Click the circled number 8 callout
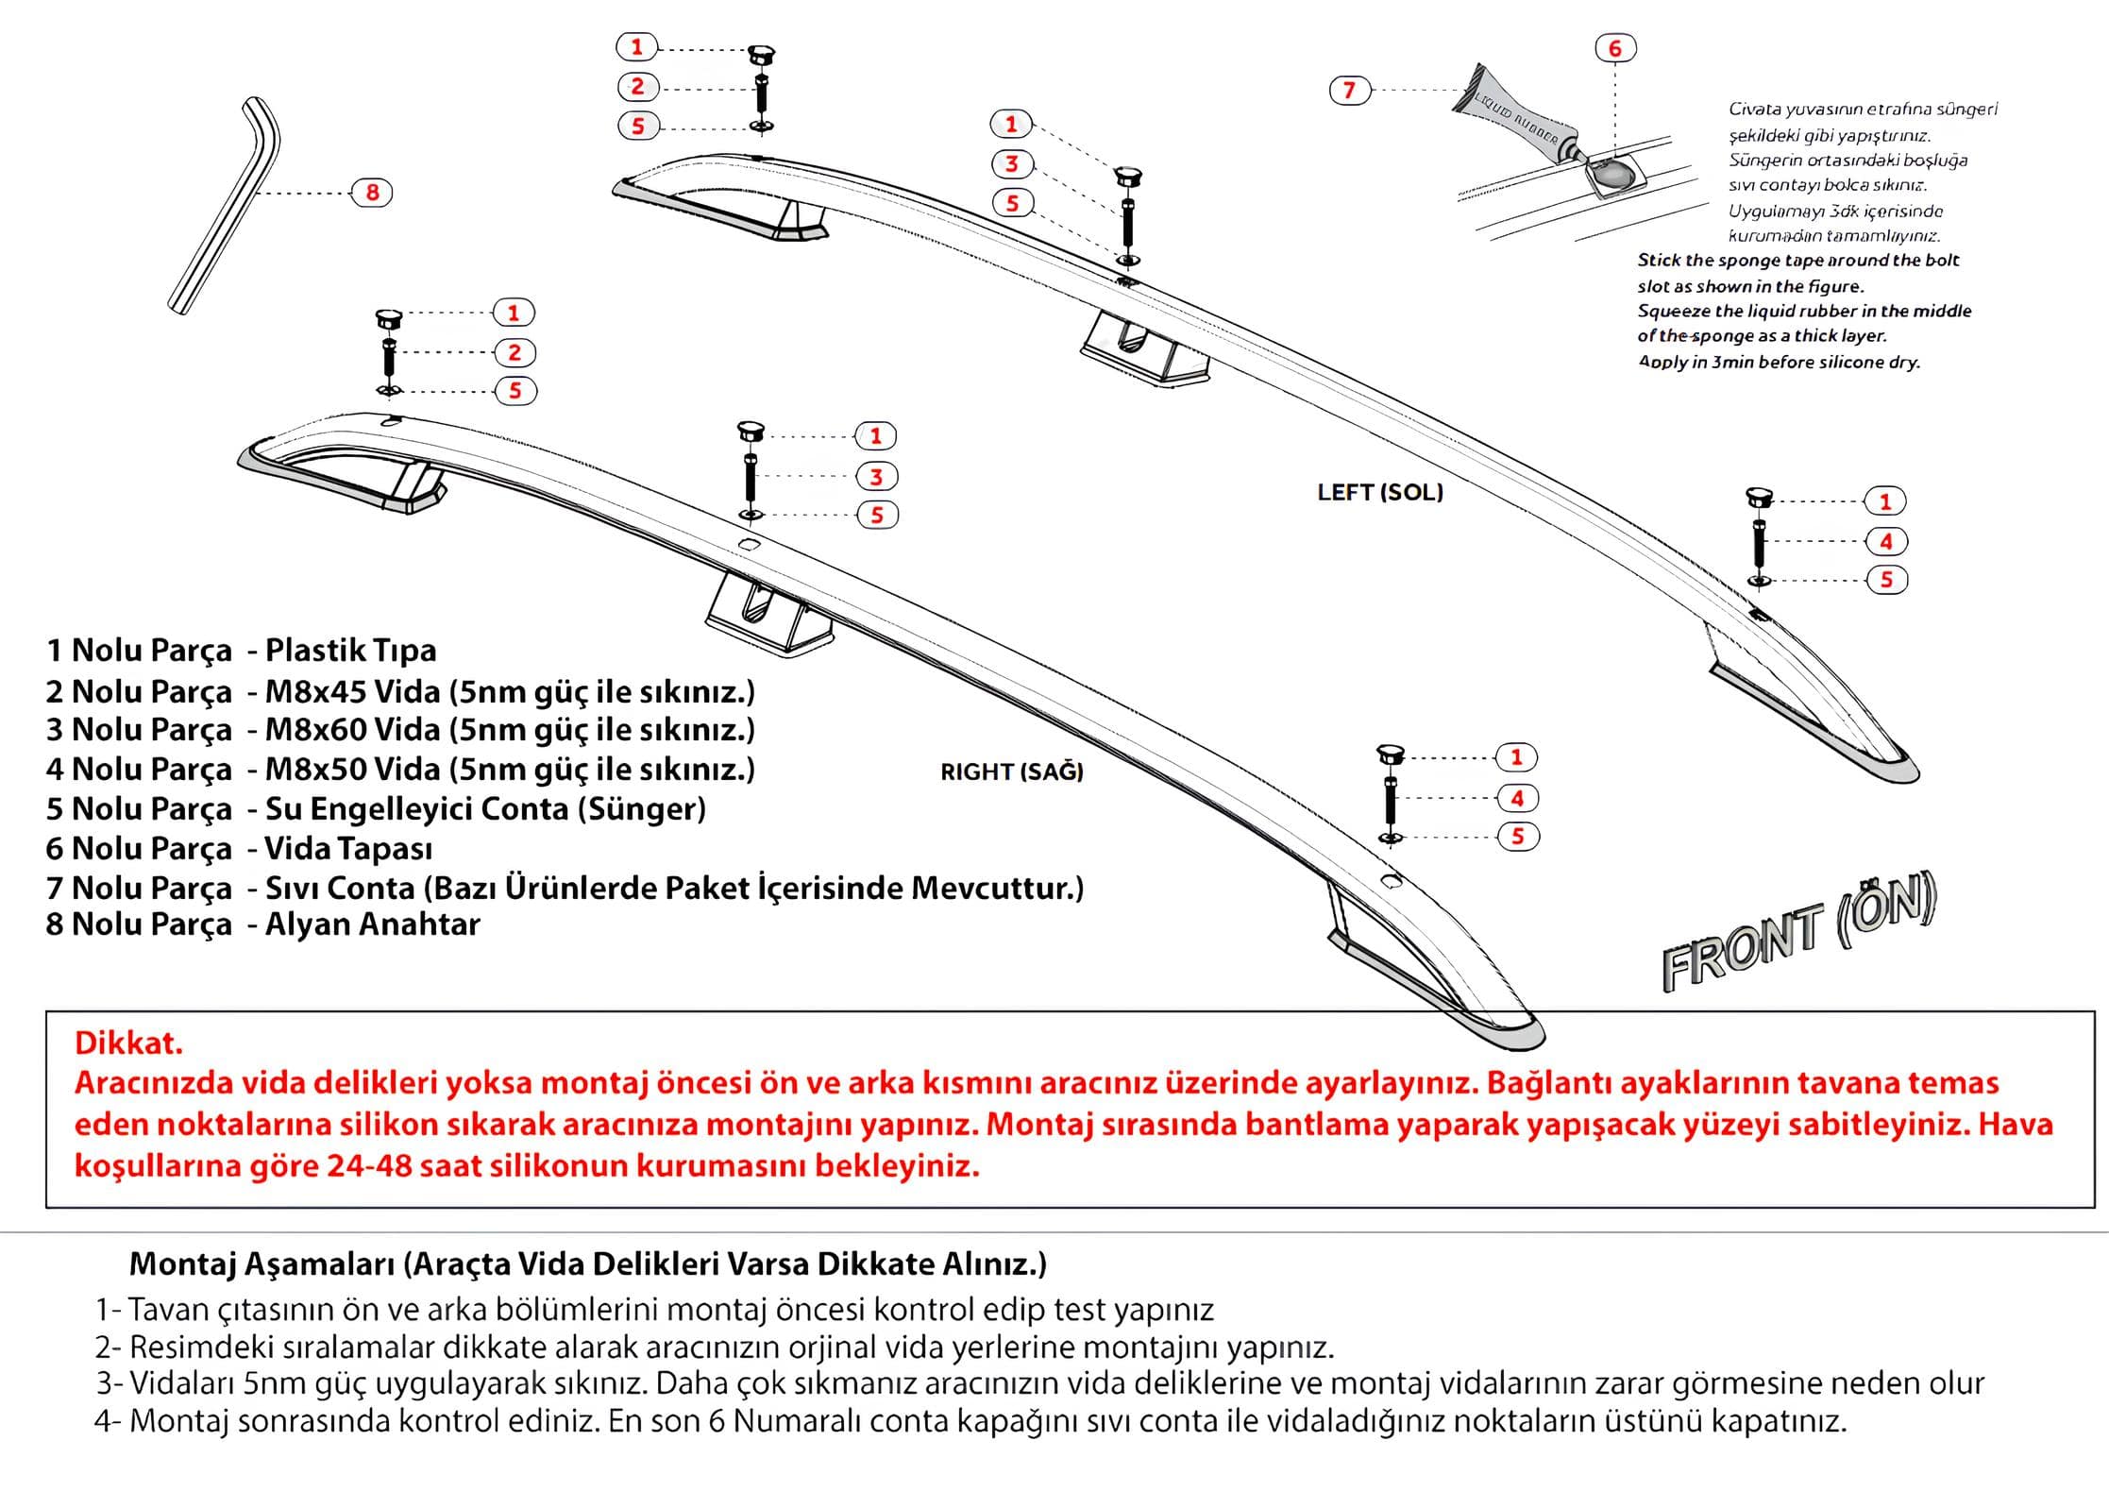[x=372, y=193]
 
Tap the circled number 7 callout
[x=1349, y=90]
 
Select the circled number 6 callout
[x=1614, y=48]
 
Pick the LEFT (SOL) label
[x=1380, y=492]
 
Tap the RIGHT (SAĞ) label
[x=1011, y=771]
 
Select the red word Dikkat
[x=128, y=1043]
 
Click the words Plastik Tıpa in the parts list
[x=350, y=650]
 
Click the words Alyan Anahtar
[x=372, y=924]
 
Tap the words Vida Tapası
[x=348, y=848]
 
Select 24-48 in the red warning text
[x=369, y=1165]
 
